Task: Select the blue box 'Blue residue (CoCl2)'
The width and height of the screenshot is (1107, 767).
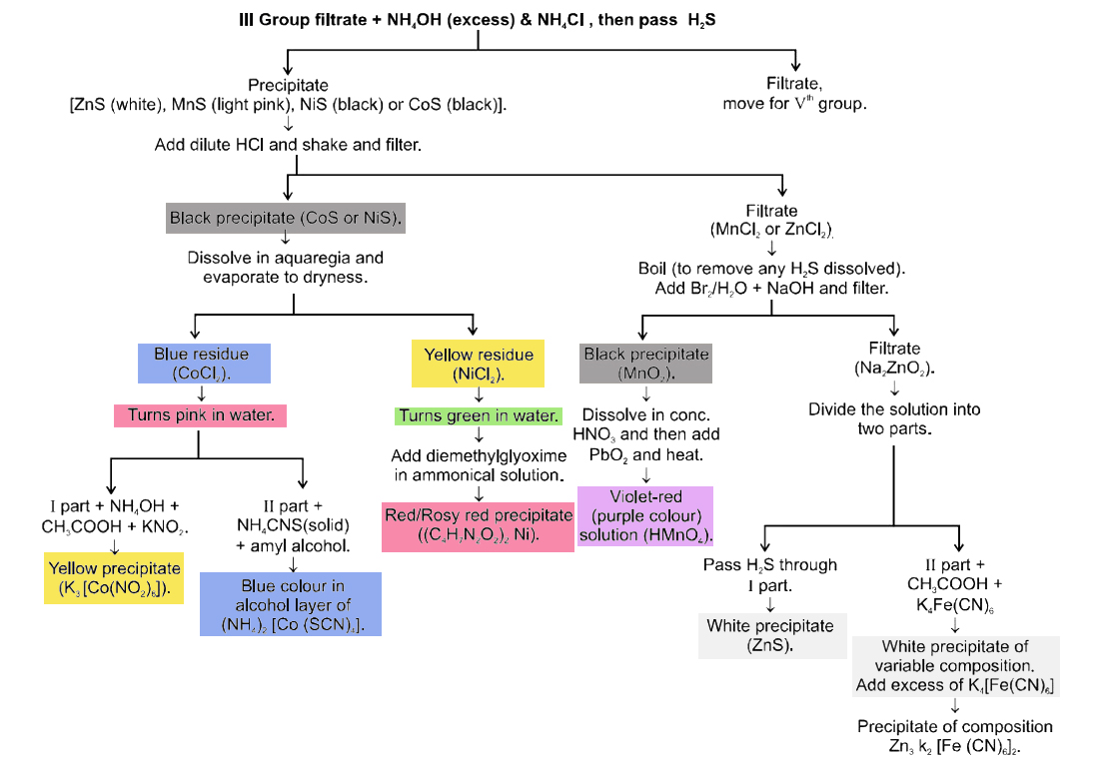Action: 202,364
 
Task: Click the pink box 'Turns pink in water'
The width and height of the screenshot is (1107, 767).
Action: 202,414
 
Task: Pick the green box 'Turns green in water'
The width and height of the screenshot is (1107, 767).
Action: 479,415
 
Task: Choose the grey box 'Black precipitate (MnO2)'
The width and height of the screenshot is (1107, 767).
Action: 645,364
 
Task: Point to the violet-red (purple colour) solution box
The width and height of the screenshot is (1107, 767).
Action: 645,515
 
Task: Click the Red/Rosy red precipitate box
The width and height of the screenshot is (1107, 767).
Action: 479,526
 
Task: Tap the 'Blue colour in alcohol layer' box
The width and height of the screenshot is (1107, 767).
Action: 292,604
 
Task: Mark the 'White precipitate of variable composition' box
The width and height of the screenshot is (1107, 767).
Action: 955,666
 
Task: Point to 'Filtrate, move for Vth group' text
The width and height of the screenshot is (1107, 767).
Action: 795,94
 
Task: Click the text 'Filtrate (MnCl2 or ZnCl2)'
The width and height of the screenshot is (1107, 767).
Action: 771,220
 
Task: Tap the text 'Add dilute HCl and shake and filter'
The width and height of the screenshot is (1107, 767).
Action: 288,145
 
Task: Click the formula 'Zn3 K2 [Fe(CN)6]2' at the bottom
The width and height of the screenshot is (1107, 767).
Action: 955,746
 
